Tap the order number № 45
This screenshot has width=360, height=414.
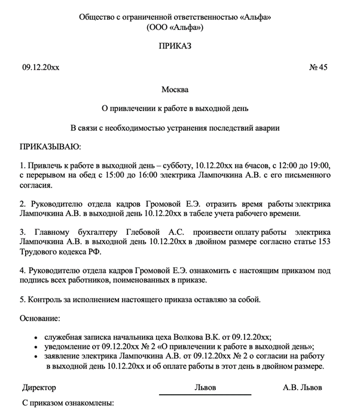pos(318,67)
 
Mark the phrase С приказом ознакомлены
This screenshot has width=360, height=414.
pos(67,404)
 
